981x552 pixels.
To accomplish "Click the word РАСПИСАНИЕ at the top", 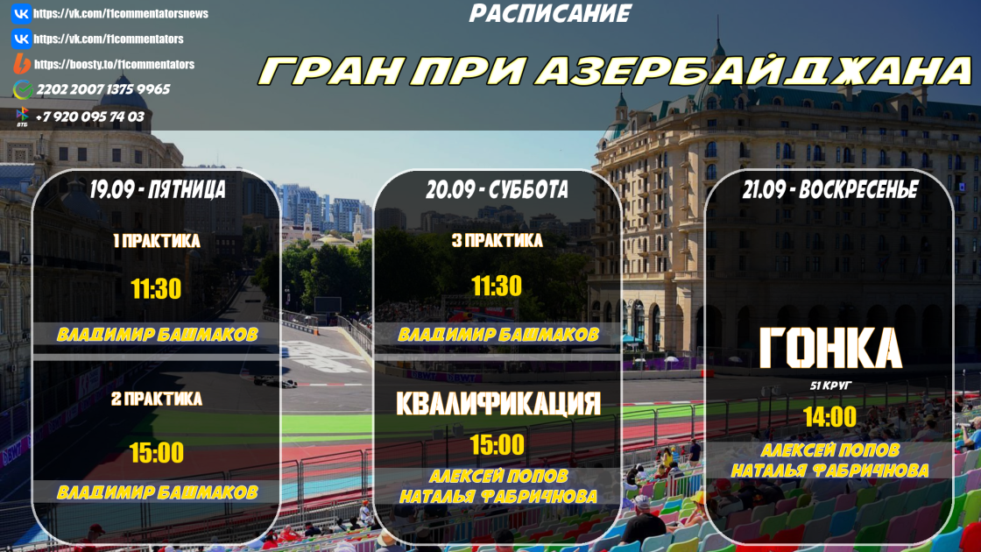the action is click(550, 14).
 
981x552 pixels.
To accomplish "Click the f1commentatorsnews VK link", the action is click(121, 14).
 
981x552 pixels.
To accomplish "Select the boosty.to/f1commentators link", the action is click(114, 65).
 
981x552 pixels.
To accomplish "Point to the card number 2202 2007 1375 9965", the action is click(103, 89).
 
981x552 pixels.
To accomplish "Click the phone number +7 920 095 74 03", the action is click(89, 117).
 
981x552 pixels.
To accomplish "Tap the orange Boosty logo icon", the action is click(22, 64).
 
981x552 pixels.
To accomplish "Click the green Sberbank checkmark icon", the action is click(23, 90).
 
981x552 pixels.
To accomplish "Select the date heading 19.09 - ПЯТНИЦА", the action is click(157, 189).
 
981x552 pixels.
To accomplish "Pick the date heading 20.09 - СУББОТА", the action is click(497, 189).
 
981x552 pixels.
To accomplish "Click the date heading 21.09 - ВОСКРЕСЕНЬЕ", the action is click(830, 189).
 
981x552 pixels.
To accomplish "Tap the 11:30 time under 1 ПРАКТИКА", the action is click(156, 289).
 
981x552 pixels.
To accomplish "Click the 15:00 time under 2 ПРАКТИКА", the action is click(157, 453).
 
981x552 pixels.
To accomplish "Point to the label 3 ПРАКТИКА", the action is click(497, 241).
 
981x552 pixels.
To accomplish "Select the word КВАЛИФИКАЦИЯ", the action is click(498, 404).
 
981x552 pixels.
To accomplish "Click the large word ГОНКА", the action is click(830, 348).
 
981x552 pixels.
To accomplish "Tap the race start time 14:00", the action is click(829, 417).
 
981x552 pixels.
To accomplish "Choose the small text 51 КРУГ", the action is click(830, 386).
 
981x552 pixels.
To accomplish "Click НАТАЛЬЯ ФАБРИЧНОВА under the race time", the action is click(829, 470).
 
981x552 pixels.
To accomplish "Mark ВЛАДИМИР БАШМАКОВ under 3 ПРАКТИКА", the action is click(498, 335).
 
